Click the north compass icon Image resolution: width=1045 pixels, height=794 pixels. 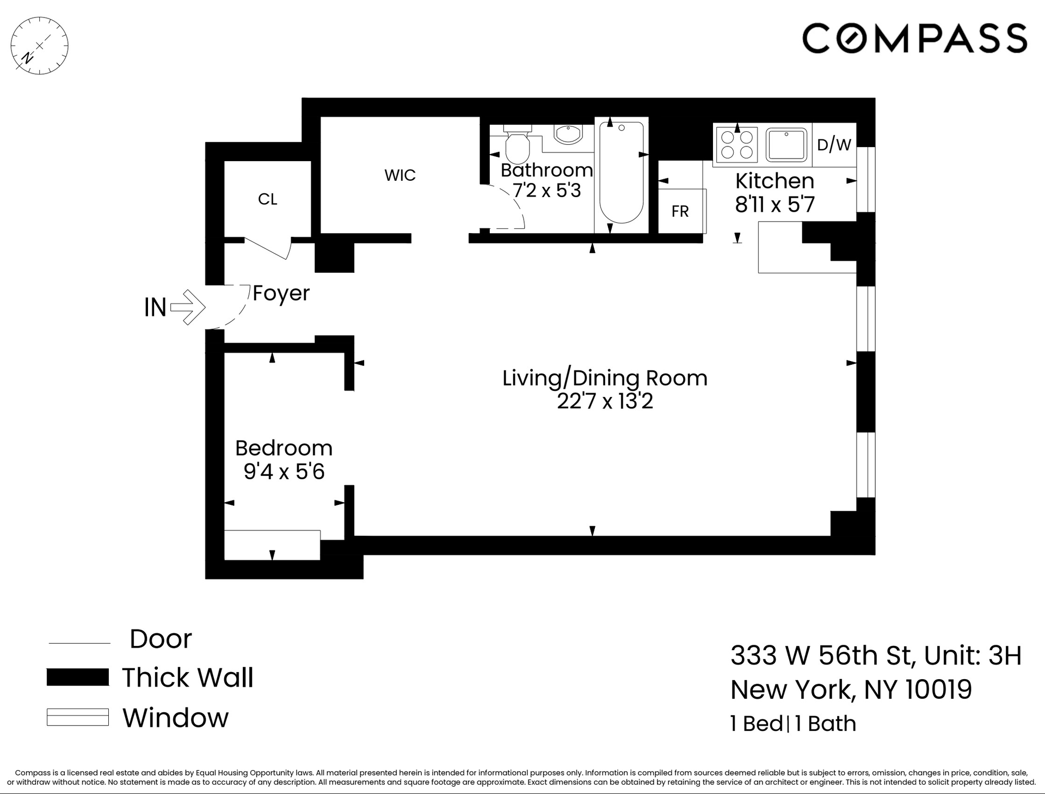39,46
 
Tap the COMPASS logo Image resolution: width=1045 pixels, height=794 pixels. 914,38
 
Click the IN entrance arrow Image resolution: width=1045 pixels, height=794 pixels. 188,307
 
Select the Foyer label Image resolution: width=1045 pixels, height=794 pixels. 281,294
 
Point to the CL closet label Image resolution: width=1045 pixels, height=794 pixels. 267,199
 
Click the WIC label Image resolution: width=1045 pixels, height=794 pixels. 400,175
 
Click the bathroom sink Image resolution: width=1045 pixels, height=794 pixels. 568,135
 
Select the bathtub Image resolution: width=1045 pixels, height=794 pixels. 621,173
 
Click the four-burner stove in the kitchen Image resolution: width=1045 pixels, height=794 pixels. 737,144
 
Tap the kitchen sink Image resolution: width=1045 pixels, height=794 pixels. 786,145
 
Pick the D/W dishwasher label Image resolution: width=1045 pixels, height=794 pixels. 834,144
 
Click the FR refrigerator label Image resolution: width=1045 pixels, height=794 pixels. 680,211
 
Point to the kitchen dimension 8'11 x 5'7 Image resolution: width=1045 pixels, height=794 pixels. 774,205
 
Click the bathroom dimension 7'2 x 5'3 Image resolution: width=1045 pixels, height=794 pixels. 547,191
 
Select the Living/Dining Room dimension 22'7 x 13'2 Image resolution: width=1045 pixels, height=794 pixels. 605,401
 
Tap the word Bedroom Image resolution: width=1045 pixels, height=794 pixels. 284,448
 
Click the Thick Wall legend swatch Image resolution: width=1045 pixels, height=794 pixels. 78,677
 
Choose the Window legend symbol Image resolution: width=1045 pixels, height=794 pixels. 78,717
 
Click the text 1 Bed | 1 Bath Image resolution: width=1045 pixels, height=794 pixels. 793,724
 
